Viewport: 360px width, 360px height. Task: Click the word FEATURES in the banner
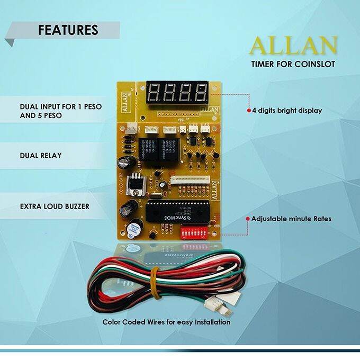point(68,30)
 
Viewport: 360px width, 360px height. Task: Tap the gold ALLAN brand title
point(293,46)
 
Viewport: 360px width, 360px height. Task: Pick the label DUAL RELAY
point(41,156)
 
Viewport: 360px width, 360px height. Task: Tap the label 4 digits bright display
point(287,111)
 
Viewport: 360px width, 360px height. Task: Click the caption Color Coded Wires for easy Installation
point(167,321)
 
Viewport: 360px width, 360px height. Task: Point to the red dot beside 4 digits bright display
point(249,111)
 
